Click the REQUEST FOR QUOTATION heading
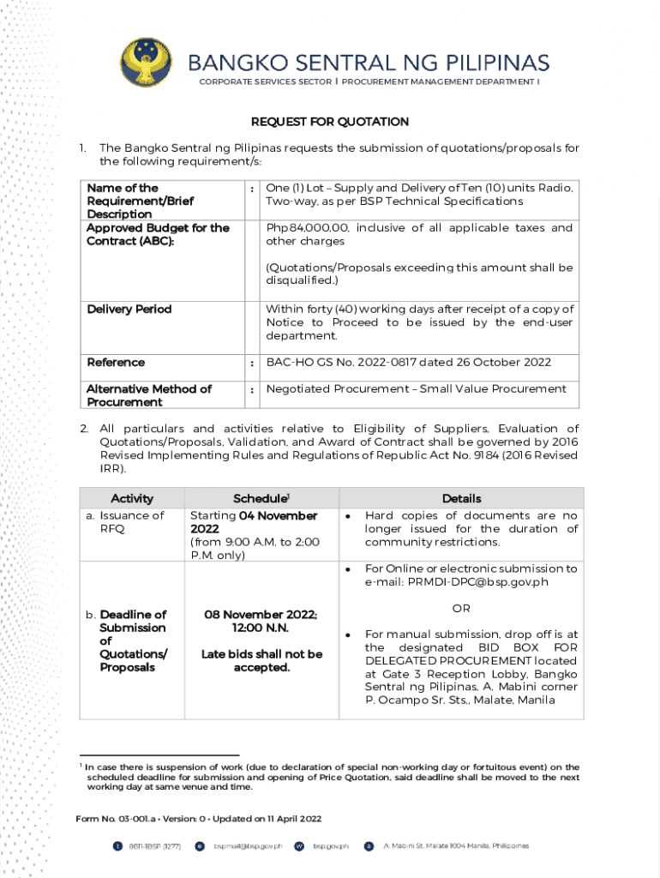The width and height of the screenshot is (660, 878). click(x=329, y=122)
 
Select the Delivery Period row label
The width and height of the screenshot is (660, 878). click(x=129, y=310)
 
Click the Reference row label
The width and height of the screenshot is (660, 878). click(x=116, y=363)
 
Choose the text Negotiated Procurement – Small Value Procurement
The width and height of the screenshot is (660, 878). click(x=416, y=389)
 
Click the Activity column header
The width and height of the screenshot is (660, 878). click(x=132, y=498)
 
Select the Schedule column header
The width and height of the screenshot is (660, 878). click(x=261, y=498)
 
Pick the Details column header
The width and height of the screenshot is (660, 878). click(x=461, y=498)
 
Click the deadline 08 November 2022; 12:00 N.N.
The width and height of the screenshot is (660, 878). click(x=261, y=621)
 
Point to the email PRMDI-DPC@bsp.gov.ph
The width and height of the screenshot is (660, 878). click(x=456, y=582)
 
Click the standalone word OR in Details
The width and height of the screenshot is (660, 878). click(x=461, y=608)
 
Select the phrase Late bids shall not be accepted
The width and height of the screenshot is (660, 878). click(x=261, y=660)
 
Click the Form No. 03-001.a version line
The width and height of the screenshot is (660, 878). click(x=199, y=819)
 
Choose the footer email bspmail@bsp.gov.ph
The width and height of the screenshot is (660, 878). click(x=248, y=846)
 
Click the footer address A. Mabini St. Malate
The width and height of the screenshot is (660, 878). click(x=453, y=846)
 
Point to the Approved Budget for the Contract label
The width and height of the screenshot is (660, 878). click(x=158, y=234)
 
